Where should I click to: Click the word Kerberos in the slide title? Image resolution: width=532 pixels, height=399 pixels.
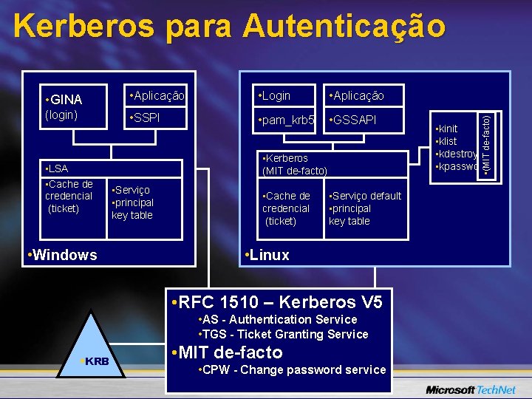[83, 27]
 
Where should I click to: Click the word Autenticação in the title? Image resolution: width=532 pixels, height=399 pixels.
[345, 27]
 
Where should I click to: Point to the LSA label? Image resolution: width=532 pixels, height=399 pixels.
[57, 169]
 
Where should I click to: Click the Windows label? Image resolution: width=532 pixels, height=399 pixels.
[62, 255]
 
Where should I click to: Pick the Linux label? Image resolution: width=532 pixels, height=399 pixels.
[267, 255]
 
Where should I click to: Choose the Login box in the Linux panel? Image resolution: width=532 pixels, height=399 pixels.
[275, 95]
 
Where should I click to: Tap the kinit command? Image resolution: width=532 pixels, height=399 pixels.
[448, 129]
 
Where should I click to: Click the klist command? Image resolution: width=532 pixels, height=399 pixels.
[448, 141]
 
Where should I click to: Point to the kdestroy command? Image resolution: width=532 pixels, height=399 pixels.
[456, 154]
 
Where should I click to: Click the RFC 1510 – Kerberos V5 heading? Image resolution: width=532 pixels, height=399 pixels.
[276, 302]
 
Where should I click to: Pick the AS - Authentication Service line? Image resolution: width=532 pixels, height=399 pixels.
[278, 319]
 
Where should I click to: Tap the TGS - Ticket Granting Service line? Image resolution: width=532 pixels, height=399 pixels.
[284, 334]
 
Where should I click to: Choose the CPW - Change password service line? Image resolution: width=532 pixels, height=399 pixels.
[293, 369]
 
